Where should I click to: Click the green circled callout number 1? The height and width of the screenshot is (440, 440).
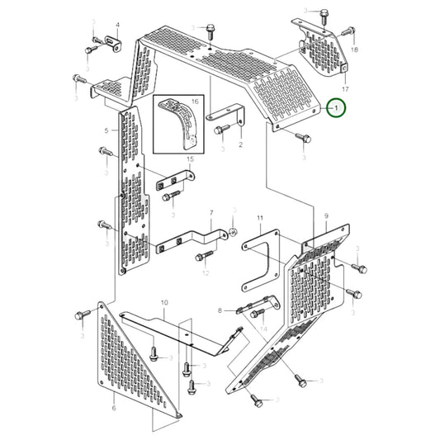pyautogui.click(x=336, y=107)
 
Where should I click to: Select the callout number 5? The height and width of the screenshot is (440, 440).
pyautogui.click(x=106, y=130)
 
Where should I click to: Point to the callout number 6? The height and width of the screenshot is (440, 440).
pyautogui.click(x=113, y=409)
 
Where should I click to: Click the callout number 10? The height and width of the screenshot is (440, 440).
pyautogui.click(x=164, y=303)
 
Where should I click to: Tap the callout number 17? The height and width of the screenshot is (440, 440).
pyautogui.click(x=345, y=88)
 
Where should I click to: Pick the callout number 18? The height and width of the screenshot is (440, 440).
pyautogui.click(x=354, y=50)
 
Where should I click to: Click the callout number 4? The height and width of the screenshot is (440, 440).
pyautogui.click(x=116, y=26)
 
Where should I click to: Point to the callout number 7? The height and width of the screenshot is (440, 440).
pyautogui.click(x=211, y=213)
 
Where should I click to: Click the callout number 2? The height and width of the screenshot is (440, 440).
pyautogui.click(x=239, y=144)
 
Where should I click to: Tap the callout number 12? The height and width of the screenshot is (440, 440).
pyautogui.click(x=206, y=272)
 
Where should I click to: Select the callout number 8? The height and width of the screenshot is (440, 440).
pyautogui.click(x=220, y=310)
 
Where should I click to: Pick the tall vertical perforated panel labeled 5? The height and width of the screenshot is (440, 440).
pyautogui.click(x=132, y=190)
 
